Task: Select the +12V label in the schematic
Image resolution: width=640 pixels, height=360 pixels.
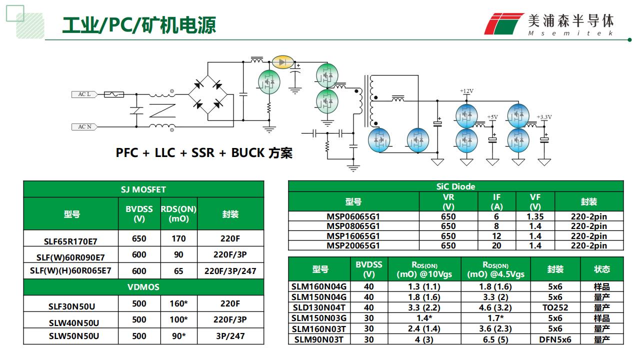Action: point(466,91)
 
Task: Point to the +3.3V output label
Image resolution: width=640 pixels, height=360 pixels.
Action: point(544,117)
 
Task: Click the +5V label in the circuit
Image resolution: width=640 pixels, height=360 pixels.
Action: point(492,117)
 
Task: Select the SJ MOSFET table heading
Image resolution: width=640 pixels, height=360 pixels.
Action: point(143,189)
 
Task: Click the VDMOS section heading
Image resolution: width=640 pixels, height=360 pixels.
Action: point(143,287)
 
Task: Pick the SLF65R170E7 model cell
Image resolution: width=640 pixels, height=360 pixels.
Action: point(70,240)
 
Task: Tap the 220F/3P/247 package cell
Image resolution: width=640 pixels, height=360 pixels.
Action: point(230,271)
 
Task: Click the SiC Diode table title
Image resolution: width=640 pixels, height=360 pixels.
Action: point(455,186)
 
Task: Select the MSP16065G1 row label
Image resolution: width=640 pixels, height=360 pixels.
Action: point(353,236)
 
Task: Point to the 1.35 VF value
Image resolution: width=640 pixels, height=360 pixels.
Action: point(535,217)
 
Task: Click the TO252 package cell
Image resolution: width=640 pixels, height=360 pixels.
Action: point(555,307)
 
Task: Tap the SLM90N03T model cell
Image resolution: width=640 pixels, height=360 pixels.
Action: point(318,339)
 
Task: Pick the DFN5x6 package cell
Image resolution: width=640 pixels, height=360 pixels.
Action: point(555,339)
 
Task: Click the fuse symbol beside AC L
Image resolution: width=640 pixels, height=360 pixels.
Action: point(113,94)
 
